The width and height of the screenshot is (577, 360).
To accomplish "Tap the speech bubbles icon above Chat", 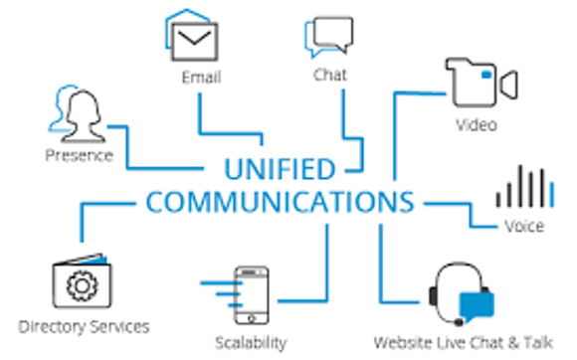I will (x=328, y=38).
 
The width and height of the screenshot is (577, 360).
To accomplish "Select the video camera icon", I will (x=481, y=83).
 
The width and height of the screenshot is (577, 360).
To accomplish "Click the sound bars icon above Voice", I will (x=523, y=187).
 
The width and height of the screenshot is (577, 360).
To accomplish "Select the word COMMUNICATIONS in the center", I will (x=280, y=202).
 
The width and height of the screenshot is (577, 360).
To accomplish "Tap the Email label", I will (x=201, y=78).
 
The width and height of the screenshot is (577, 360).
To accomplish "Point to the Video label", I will (x=477, y=125).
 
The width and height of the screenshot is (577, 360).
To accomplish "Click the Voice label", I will (x=523, y=227).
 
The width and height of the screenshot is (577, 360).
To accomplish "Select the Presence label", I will (x=80, y=155).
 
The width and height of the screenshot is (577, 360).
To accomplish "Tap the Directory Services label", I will (x=84, y=326).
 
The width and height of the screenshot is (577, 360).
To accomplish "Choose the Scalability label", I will (x=250, y=342).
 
